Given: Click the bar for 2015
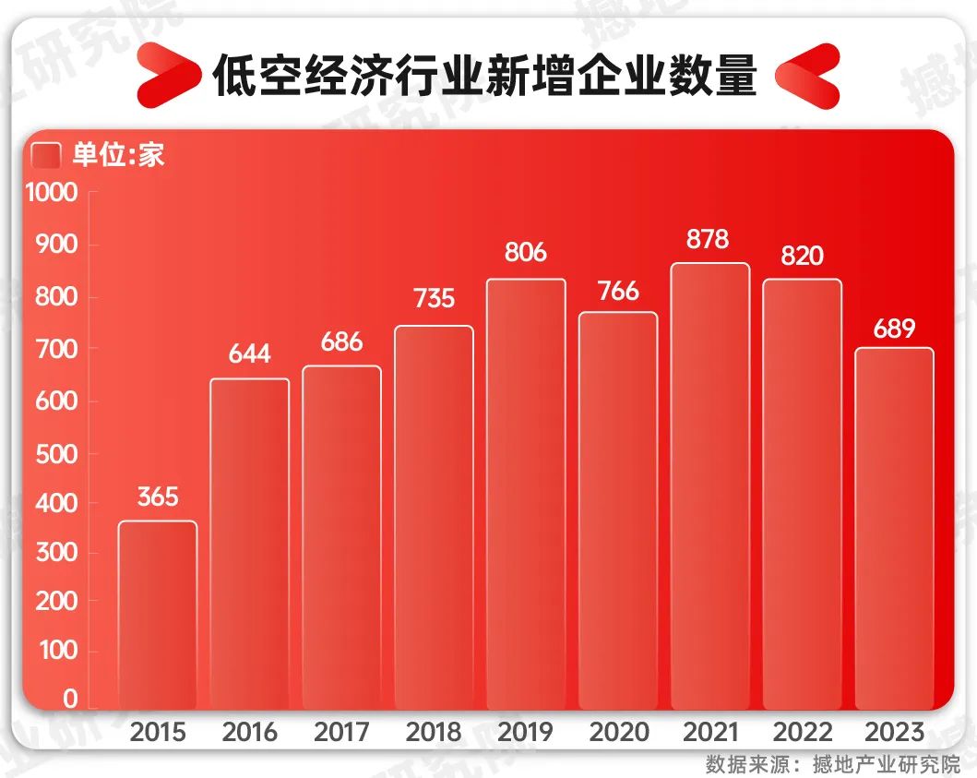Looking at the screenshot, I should tap(158, 615).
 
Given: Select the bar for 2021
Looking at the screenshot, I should tap(710, 485).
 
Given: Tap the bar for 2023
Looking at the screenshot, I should tap(894, 528).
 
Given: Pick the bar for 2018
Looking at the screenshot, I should tap(434, 517).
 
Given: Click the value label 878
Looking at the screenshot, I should tap(708, 240).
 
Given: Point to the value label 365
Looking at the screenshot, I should tap(158, 497).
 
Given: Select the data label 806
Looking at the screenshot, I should tap(526, 252).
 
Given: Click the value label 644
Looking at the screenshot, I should tap(249, 354).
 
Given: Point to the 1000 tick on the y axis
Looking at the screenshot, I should tap(52, 194).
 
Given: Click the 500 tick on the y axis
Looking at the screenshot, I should tap(57, 454).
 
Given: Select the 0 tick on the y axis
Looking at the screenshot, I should tap(70, 700).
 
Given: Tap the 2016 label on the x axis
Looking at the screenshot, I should tap(249, 734).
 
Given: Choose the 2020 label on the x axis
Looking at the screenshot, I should tap(618, 734).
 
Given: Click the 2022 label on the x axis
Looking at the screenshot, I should tap(802, 734).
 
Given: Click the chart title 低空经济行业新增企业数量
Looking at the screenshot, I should tap(485, 76).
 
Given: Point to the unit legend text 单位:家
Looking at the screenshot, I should tap(118, 155).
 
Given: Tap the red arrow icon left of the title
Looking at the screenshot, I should tap(169, 74).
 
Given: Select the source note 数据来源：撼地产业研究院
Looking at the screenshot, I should tap(832, 764).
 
